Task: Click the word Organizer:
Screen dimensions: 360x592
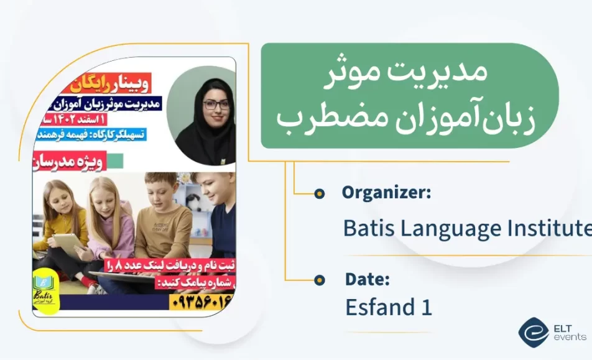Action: click(x=386, y=193)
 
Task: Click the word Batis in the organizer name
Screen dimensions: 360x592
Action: click(x=368, y=228)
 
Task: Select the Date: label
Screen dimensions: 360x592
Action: click(x=367, y=280)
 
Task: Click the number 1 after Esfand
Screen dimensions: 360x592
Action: click(x=427, y=307)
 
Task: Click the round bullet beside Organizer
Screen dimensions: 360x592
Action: click(x=319, y=193)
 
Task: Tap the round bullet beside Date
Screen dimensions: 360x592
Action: click(x=319, y=279)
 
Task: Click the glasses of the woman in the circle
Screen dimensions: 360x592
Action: click(x=216, y=104)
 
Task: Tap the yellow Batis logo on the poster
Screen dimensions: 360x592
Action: click(x=47, y=287)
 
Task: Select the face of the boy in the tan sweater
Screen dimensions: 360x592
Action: click(x=160, y=189)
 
